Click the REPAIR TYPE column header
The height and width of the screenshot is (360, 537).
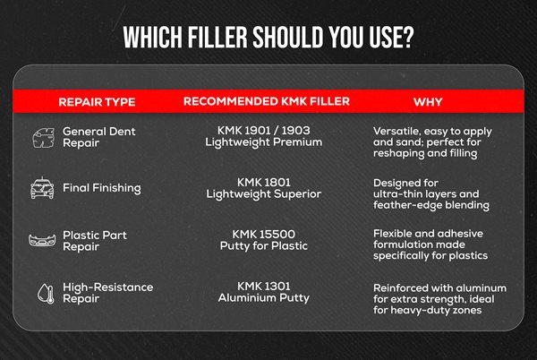tap(97, 102)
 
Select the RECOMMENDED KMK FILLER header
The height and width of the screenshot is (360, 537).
tap(267, 101)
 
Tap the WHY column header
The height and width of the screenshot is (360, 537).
tap(428, 102)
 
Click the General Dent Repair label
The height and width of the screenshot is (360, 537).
tap(99, 137)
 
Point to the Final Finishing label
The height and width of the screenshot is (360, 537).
tap(102, 188)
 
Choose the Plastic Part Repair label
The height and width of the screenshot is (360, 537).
tap(95, 241)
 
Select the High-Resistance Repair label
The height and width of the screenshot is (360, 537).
tap(108, 293)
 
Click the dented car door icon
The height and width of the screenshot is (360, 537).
tap(44, 138)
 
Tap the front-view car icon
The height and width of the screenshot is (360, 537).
tap(42, 188)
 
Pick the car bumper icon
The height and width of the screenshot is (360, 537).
tap(42, 241)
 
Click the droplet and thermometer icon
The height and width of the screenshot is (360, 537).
tap(46, 294)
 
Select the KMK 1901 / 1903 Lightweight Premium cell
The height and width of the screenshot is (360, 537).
tap(264, 136)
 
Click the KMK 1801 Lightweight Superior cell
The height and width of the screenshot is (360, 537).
tap(264, 188)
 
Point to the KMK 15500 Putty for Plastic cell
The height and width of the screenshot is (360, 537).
tap(264, 240)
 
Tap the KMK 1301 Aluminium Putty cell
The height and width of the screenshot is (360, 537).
tap(264, 292)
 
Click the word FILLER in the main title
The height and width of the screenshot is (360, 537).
tap(217, 37)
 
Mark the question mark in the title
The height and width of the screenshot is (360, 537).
tap(408, 37)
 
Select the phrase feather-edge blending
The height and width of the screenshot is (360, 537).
tap(431, 205)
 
